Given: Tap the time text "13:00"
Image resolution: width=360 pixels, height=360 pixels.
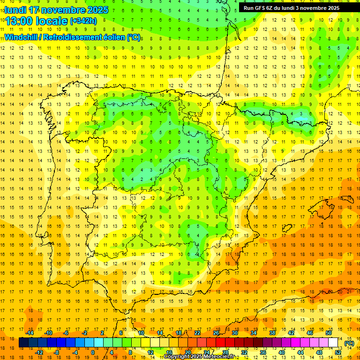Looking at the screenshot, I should pyautogui.click(x=19, y=21).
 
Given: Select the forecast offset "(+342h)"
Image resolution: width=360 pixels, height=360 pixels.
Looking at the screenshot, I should pyautogui.click(x=83, y=21).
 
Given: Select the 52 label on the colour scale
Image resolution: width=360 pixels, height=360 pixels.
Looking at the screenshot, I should pyautogui.click(x=338, y=352).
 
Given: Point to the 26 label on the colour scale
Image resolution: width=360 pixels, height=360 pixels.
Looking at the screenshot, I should pyautogui.click(x=216, y=333).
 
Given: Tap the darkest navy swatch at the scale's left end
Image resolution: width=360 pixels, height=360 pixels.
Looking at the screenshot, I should pyautogui.click(x=23, y=343).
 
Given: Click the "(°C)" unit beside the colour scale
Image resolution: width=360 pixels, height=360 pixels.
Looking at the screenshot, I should pyautogui.click(x=349, y=343).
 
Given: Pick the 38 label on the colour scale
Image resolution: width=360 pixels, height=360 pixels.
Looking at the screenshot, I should pyautogui.click(x=272, y=333).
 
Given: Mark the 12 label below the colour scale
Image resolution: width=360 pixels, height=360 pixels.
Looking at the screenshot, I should pyautogui.click(x=150, y=352).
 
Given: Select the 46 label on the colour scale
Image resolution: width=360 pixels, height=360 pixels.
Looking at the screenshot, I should pyautogui.click(x=310, y=333).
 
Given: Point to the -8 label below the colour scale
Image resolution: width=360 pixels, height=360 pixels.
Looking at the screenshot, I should pyautogui.click(x=56, y=352).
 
